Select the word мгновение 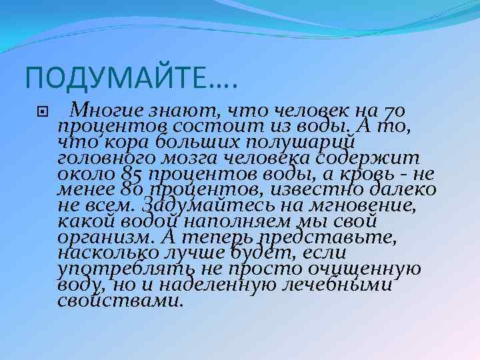tap(360, 205)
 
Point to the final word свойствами tap(120, 301)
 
